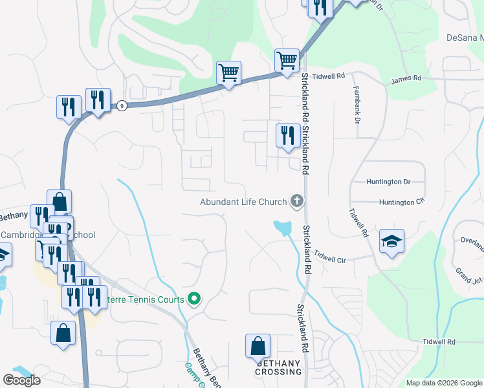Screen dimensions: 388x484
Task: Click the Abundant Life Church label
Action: (x=243, y=202)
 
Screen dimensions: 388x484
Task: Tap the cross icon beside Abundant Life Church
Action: (x=297, y=201)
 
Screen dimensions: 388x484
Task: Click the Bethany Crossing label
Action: (x=278, y=367)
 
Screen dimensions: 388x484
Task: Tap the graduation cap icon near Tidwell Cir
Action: (x=391, y=241)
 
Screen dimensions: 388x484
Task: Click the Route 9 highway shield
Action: (x=121, y=106)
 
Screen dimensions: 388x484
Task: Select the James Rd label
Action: (x=406, y=78)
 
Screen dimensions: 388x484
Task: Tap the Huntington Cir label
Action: (x=401, y=202)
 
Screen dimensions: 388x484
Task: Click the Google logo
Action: (x=21, y=380)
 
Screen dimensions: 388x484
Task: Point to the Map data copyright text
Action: (x=443, y=383)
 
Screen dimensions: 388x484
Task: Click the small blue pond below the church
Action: (x=282, y=227)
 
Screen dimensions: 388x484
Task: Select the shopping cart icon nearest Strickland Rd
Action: (x=287, y=61)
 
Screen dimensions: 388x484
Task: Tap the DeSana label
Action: (x=465, y=37)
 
